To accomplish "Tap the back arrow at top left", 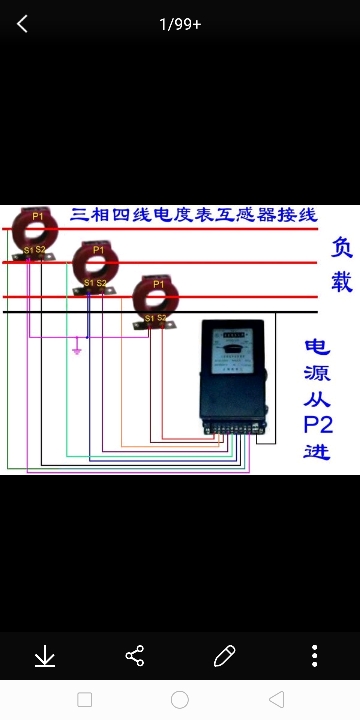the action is pos(22,24).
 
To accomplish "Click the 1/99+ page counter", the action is pos(180,24).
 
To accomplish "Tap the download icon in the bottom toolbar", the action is pos(45,656).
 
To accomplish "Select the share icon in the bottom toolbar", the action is pos(135,656).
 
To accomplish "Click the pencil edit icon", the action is pos(225,656).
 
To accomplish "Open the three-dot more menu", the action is pos(315,656).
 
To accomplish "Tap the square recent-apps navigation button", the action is pos(85,699).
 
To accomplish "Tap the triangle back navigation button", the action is pos(277,699).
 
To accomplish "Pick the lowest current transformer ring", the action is pos(157,298).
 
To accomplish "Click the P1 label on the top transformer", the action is pos(38,215).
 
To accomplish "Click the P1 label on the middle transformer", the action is pos(98,249).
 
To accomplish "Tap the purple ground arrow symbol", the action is pos(77,351).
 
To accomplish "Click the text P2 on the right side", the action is pos(318,424).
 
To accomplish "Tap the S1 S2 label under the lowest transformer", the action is pos(155,318).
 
